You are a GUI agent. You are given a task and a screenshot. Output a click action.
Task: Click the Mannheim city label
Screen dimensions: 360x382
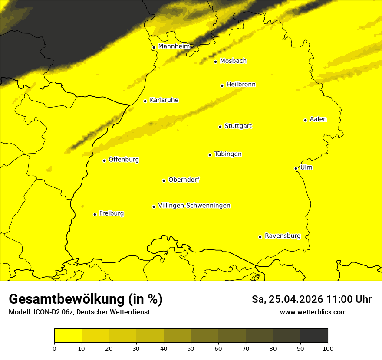point(174,46)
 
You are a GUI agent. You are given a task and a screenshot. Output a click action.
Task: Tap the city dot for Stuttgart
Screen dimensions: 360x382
point(220,127)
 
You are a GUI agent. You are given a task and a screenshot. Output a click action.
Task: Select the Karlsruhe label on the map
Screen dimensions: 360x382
point(164,100)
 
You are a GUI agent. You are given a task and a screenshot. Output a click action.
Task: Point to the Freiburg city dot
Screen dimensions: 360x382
point(95,214)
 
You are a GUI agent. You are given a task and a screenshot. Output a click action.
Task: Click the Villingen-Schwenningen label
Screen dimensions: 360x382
point(194,206)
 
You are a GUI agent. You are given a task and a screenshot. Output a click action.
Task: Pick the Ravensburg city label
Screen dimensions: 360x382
point(282,236)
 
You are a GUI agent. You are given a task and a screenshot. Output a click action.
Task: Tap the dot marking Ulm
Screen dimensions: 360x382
point(296,168)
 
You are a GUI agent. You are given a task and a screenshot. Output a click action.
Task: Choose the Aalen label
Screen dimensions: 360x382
point(318,119)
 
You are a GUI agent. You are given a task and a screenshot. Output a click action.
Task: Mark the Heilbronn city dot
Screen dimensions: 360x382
point(222,85)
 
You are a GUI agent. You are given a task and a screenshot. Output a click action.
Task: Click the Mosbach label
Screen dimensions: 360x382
point(233,61)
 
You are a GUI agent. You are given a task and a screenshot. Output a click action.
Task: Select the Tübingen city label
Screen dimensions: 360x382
point(227,154)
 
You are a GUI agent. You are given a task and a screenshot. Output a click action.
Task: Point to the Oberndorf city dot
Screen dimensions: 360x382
point(164,180)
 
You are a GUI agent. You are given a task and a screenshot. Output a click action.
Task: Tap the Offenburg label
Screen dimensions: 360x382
point(124,160)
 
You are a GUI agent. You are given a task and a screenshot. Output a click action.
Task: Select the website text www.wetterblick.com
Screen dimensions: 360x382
point(313,312)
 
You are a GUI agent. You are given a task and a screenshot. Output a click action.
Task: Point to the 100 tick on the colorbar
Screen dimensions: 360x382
point(328,348)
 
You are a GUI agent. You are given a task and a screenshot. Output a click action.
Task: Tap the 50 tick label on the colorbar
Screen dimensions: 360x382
point(191,348)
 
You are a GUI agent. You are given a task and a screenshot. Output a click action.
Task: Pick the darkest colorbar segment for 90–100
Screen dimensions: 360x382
point(314,336)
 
